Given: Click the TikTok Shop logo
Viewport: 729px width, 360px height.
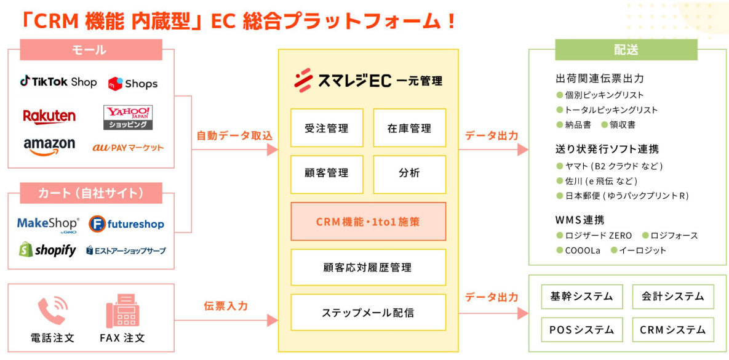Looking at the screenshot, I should pyautogui.click(x=58, y=82).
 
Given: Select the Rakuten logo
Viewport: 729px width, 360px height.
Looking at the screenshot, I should pyautogui.click(x=49, y=116).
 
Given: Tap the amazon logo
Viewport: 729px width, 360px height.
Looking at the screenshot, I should pyautogui.click(x=49, y=146).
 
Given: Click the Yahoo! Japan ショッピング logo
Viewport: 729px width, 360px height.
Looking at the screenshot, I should pyautogui.click(x=128, y=117).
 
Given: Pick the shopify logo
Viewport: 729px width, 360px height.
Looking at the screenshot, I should pyautogui.click(x=47, y=249).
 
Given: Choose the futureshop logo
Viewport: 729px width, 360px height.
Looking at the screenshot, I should pyautogui.click(x=126, y=223).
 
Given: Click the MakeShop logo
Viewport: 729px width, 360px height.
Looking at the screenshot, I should pyautogui.click(x=48, y=223).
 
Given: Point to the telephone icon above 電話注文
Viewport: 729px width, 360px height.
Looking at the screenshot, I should pyautogui.click(x=52, y=311).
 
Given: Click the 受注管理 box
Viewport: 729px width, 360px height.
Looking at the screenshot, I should pyautogui.click(x=327, y=128).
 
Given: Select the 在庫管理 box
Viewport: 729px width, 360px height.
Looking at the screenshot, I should pyautogui.click(x=409, y=128).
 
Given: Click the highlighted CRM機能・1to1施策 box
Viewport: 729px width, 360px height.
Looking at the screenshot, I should pyautogui.click(x=368, y=222).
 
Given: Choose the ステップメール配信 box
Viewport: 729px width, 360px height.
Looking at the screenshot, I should pyautogui.click(x=368, y=312).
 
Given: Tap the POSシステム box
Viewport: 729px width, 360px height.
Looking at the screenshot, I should pyautogui.click(x=581, y=330).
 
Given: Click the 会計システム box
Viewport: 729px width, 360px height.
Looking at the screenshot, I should pyautogui.click(x=672, y=297).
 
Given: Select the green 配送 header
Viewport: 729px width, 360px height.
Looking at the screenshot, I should pyautogui.click(x=626, y=50).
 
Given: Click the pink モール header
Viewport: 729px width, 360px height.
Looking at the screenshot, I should pyautogui.click(x=90, y=50).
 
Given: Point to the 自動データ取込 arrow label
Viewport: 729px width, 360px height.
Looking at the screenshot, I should pyautogui.click(x=234, y=135).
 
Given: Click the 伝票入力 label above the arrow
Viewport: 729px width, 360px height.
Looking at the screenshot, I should pyautogui.click(x=226, y=305).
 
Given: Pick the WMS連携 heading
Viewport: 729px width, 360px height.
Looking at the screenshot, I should pyautogui.click(x=580, y=220).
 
